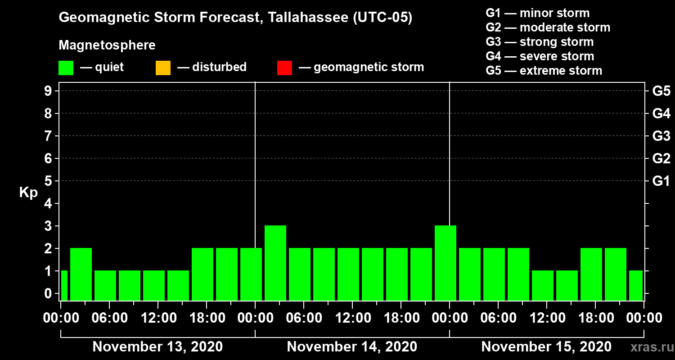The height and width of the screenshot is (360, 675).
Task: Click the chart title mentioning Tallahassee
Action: tap(235, 18)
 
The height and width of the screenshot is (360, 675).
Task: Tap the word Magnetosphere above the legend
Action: tap(107, 45)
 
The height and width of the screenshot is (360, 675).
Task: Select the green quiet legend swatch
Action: tap(66, 67)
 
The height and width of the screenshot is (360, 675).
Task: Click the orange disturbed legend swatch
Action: tap(163, 67)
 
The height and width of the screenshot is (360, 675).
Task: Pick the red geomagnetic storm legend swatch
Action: tap(284, 67)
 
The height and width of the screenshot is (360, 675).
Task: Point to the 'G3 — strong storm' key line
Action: tap(540, 42)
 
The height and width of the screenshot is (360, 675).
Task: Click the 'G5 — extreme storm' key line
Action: tap(544, 71)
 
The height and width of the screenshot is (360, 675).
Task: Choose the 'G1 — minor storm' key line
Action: tap(537, 13)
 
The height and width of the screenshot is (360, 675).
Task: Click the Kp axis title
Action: tap(28, 193)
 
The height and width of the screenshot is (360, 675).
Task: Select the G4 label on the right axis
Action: tap(661, 113)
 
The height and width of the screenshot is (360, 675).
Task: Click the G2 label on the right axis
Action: tap(661, 158)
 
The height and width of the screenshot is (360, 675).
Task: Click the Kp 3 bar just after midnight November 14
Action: tap(275, 263)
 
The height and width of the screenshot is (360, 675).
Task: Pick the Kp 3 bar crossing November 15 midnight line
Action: tap(445, 263)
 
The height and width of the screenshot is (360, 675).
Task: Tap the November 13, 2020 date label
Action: tap(157, 347)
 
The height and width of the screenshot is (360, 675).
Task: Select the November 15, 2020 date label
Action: tap(546, 347)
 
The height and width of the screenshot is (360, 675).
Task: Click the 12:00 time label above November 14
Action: tap(352, 318)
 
